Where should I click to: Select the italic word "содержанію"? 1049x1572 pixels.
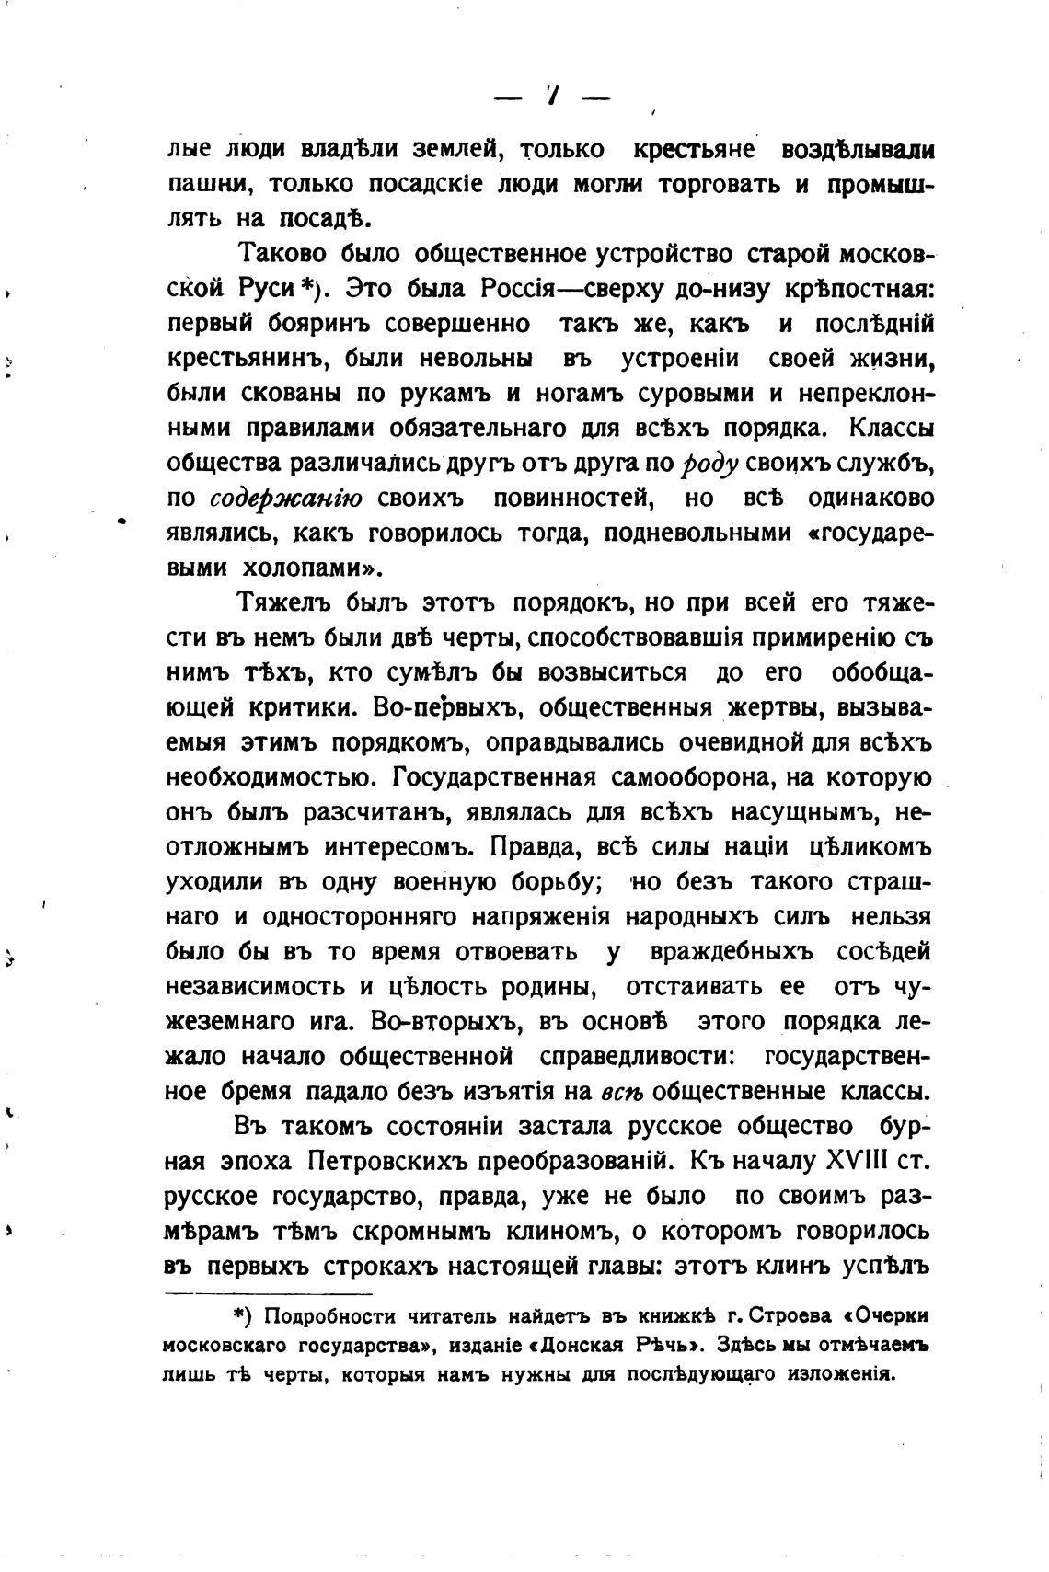(286, 499)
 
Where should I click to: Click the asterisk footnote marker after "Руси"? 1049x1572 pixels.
(308, 287)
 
